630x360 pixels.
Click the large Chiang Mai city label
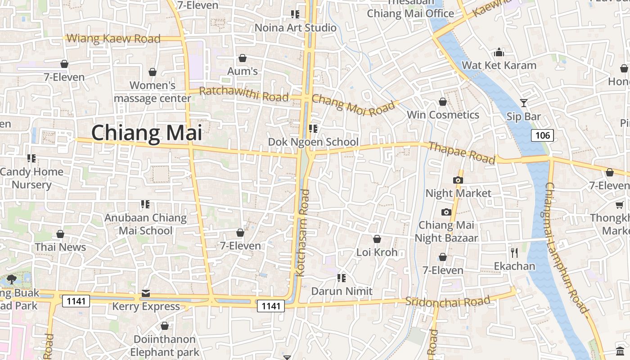pos(147,133)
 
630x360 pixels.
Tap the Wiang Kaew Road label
pos(113,39)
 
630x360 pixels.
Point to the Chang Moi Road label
pos(353,105)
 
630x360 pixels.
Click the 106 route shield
pos(542,135)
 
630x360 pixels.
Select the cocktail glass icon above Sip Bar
pos(523,103)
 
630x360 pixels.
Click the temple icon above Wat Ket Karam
pos(499,53)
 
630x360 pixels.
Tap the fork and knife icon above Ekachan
pos(514,252)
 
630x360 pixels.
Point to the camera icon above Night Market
pos(458,180)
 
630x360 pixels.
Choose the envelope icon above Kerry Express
pos(146,293)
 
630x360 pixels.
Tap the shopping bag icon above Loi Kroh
pos(377,239)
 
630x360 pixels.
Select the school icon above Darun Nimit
pos(342,278)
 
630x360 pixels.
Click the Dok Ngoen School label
pos(313,142)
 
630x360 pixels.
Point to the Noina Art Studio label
pos(295,28)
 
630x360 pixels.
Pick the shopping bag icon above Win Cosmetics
pos(443,102)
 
